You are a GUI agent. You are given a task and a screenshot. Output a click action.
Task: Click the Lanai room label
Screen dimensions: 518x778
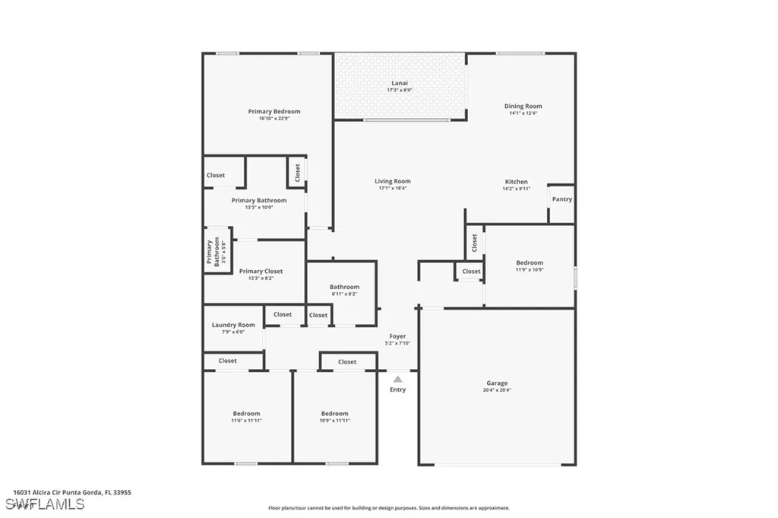pos(399,83)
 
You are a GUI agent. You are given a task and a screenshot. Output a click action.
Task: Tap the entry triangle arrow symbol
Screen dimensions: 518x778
pos(397,378)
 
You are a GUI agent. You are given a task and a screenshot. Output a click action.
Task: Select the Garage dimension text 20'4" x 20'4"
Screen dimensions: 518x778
pos(498,390)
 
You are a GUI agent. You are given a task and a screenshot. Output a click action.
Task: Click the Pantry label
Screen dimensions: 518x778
pos(562,199)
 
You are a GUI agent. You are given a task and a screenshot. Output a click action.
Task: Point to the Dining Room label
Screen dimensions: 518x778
pos(523,106)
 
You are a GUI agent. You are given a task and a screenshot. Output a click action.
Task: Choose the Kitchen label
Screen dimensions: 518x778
pos(517,182)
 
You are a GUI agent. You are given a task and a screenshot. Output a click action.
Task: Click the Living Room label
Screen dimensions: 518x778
pos(393,182)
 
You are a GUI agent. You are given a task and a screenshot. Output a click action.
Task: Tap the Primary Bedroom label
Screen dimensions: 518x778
pos(274,112)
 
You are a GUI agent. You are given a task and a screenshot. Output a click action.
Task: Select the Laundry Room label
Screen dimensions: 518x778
pos(233,325)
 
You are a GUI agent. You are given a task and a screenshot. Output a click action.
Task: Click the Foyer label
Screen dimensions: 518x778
pos(397,336)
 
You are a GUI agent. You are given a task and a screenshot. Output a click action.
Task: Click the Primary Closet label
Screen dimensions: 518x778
pos(261,271)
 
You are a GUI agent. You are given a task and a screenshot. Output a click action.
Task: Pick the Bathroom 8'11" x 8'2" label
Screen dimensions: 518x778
pos(344,287)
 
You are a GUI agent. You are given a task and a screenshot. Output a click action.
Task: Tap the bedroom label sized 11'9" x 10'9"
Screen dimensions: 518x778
pos(530,263)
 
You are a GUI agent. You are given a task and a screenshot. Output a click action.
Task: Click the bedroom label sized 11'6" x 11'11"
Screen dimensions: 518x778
pos(246,414)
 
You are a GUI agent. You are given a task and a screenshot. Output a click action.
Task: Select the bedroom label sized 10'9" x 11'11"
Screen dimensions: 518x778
pos(334,414)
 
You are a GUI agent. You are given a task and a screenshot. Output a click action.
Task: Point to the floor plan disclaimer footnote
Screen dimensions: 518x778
pos(388,508)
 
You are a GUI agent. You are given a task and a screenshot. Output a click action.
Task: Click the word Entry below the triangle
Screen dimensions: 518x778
pos(397,389)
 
